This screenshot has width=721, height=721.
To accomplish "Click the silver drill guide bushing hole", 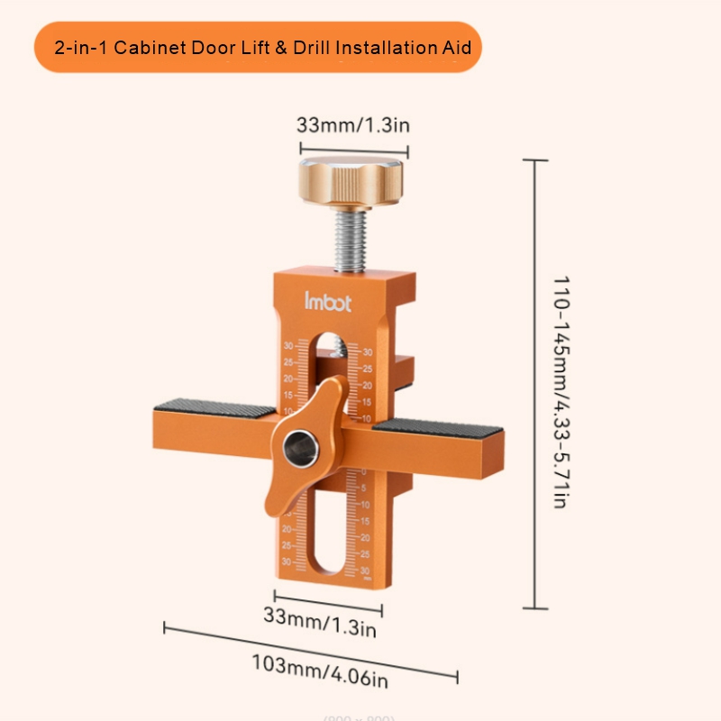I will (298, 445).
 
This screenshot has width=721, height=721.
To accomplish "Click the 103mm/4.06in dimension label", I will (319, 665).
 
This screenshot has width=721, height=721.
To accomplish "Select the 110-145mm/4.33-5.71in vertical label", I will (560, 391).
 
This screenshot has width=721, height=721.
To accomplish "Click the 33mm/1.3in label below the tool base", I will (319, 621).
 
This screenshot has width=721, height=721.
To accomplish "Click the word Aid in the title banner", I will (456, 47).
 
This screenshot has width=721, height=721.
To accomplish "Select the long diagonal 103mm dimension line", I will (311, 650).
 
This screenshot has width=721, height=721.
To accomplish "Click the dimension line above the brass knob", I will (353, 151).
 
